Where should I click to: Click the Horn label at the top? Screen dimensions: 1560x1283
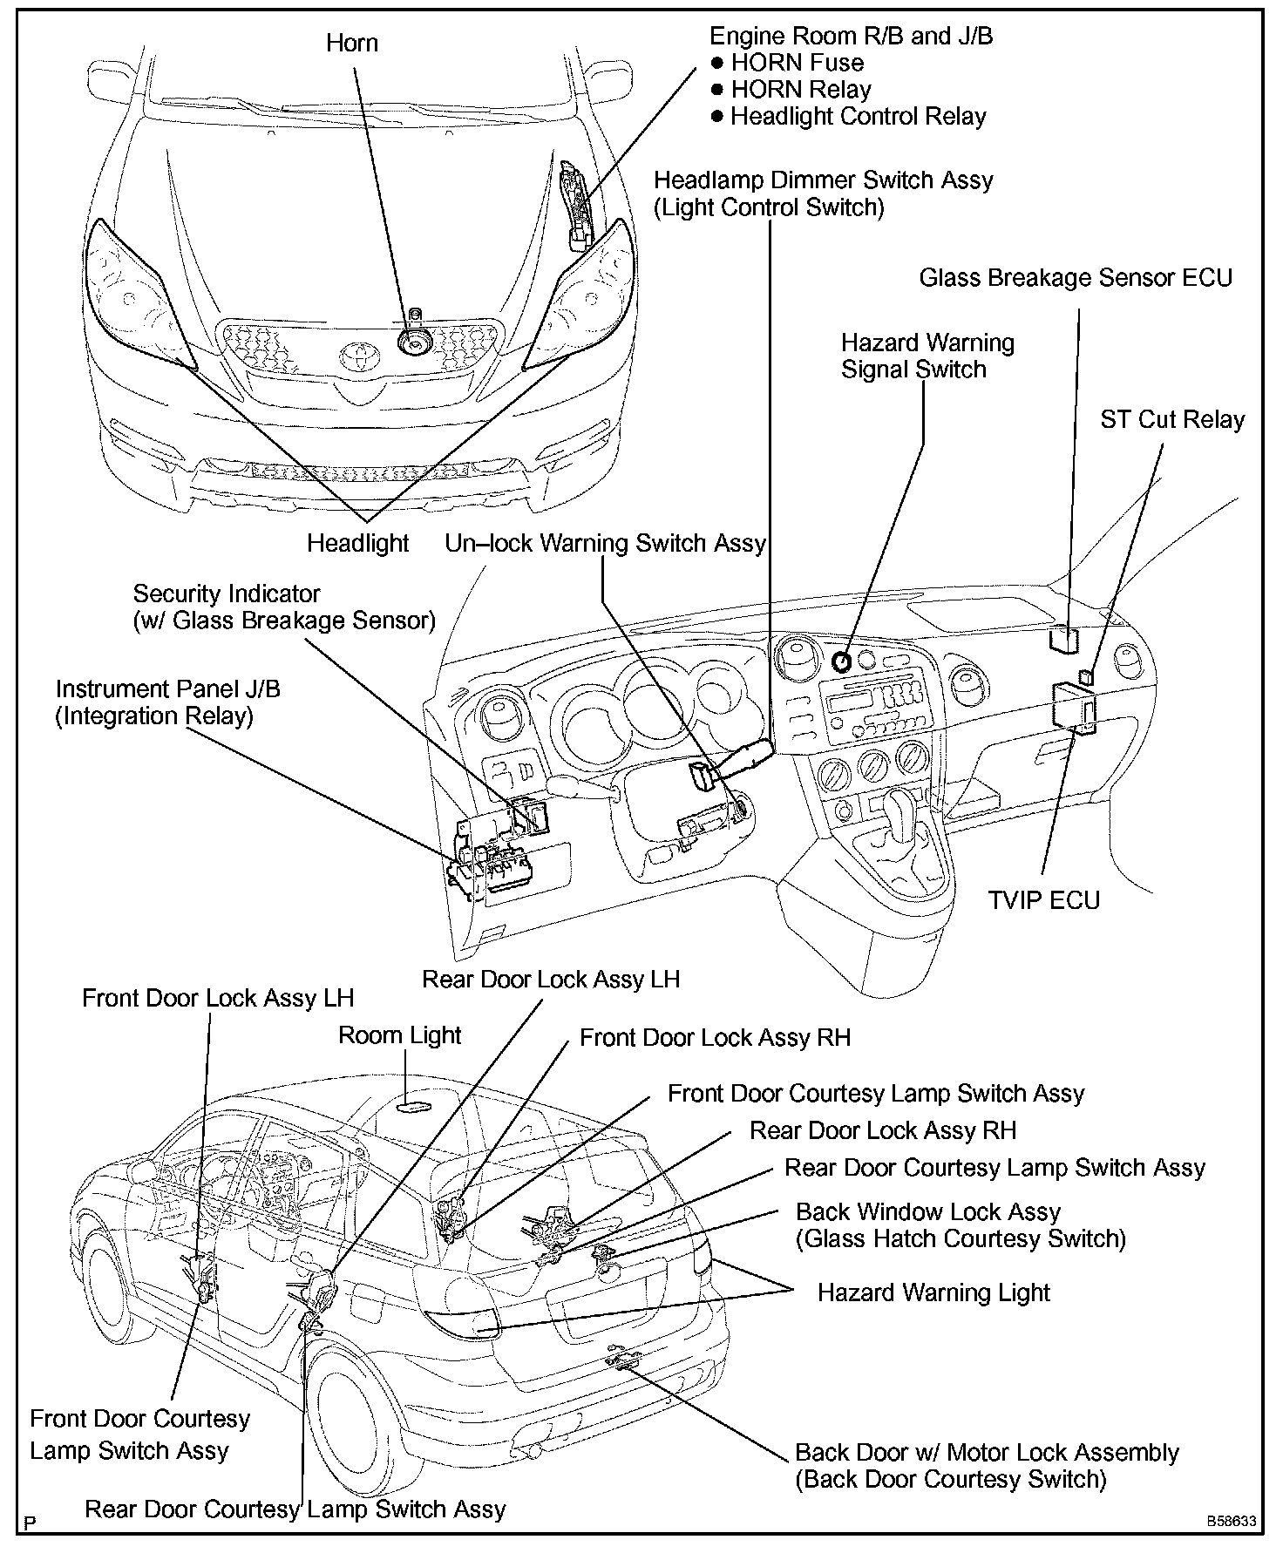[x=352, y=43]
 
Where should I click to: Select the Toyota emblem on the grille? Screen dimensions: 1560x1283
[x=356, y=354]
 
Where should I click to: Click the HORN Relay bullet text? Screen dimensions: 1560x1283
[x=800, y=90]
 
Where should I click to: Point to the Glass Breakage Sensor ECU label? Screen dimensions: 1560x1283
[x=1076, y=278]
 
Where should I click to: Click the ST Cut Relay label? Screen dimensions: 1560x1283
[x=1172, y=420]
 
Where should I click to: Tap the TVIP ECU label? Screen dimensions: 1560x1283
[x=1043, y=899]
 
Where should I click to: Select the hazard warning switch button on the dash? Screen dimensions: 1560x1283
[x=842, y=661]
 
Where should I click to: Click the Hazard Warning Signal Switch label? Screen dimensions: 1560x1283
[x=927, y=356]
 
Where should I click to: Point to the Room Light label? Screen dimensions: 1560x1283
[x=399, y=1035]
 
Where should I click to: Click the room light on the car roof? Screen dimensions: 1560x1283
[x=413, y=1107]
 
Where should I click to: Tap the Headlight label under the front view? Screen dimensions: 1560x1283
[x=357, y=543]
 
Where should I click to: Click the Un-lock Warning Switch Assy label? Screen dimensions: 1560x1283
[x=605, y=543]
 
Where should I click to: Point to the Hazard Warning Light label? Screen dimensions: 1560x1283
[x=933, y=1292]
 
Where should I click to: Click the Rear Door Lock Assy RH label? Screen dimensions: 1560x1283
[x=883, y=1131]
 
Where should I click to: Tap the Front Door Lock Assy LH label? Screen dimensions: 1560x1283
[x=218, y=998]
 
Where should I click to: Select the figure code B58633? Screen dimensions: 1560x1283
[x=1231, y=1521]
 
